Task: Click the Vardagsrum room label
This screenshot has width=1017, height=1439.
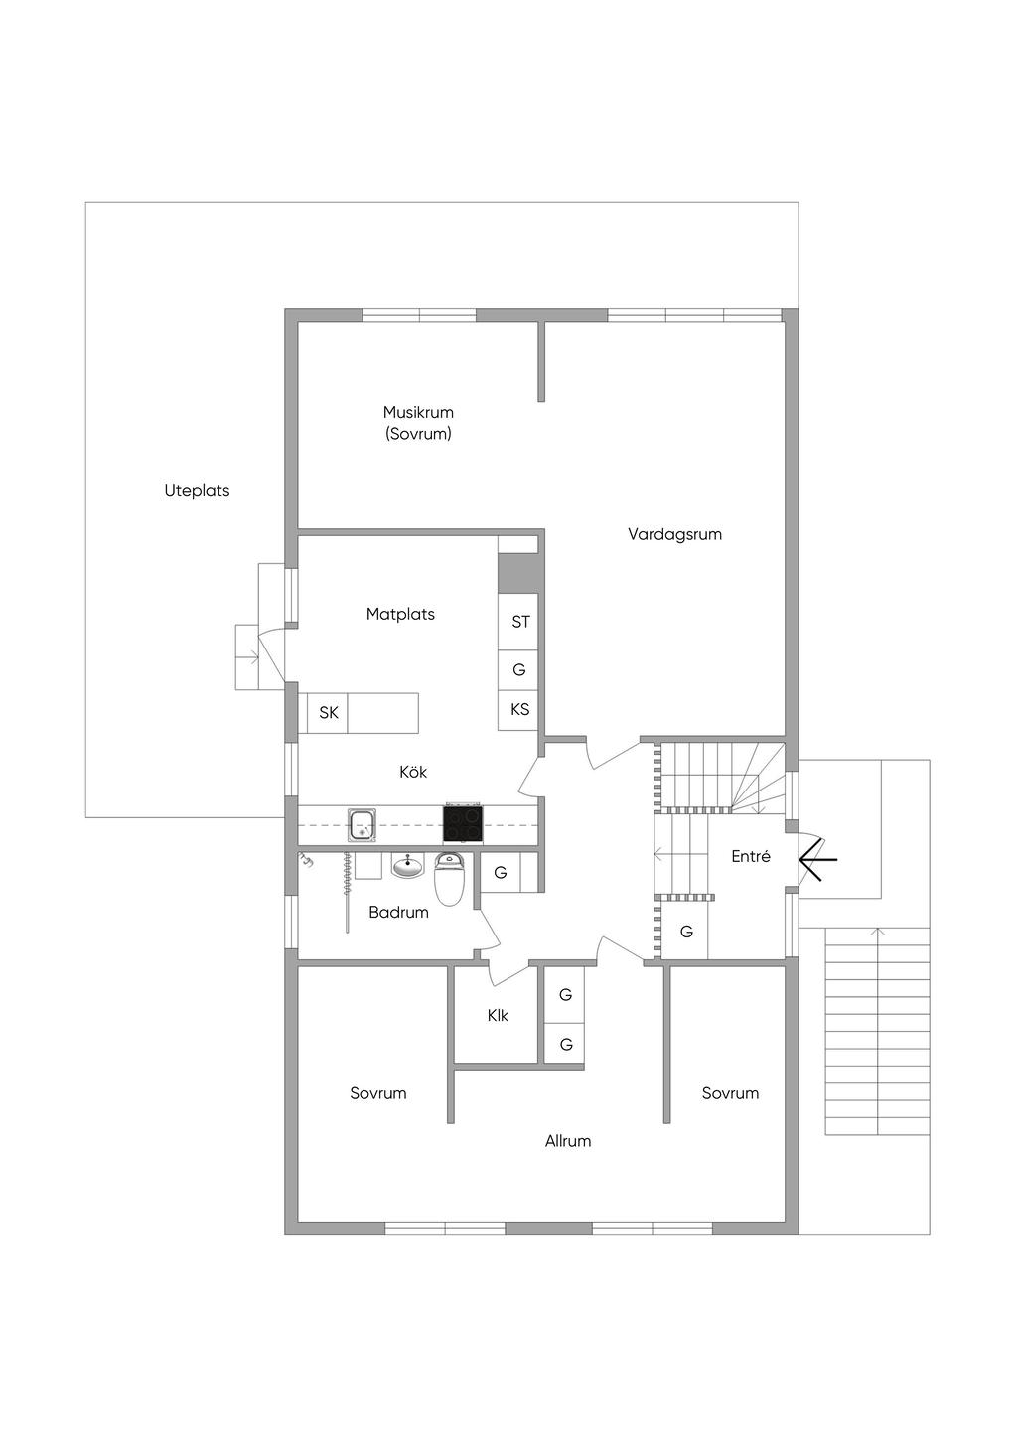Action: coord(674,535)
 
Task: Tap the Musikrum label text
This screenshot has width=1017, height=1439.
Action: coord(418,412)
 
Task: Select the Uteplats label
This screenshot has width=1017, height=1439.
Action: coord(197,491)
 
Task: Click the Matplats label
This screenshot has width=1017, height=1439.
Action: coord(400,614)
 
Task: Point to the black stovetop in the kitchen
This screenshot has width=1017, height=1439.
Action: coord(462,823)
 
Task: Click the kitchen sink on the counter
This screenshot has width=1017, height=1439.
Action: coord(363,825)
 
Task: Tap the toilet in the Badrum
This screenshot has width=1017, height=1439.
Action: coord(449,878)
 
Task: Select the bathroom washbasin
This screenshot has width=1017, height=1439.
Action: coord(408,867)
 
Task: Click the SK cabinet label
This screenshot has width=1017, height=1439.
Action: coord(329,712)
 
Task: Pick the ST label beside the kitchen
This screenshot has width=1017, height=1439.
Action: coord(521,622)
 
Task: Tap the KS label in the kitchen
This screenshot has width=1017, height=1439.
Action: coord(519,709)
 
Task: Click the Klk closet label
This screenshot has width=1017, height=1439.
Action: coord(498,1016)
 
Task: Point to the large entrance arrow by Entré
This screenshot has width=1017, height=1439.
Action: coord(817,859)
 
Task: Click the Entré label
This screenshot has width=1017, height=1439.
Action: coord(751,856)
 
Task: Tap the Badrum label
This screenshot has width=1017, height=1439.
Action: coord(398,913)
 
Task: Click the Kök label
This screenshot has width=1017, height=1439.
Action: coord(413,772)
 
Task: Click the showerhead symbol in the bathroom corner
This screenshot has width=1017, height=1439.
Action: coord(307,860)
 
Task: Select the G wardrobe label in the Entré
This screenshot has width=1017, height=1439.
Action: coord(686,932)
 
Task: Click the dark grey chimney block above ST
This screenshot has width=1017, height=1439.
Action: coord(517,573)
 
